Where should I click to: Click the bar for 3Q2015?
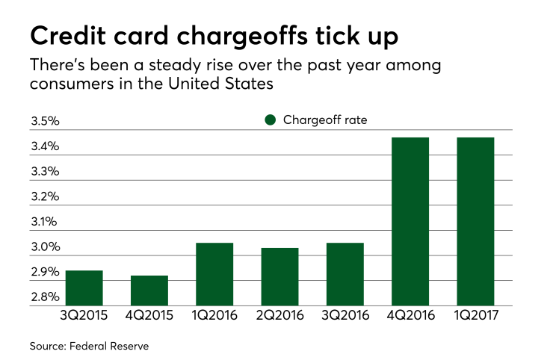point(84,288)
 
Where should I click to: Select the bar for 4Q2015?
point(149,291)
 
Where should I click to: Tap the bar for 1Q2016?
point(214,274)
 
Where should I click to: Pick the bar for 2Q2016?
point(279,276)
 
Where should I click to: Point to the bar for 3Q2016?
point(345,274)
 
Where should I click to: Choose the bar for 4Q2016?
point(410,221)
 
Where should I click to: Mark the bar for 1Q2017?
point(475,221)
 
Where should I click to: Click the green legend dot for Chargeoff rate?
point(271,120)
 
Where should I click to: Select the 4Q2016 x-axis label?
point(410,316)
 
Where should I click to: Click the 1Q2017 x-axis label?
point(475,316)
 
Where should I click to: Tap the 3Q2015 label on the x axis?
point(84,316)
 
